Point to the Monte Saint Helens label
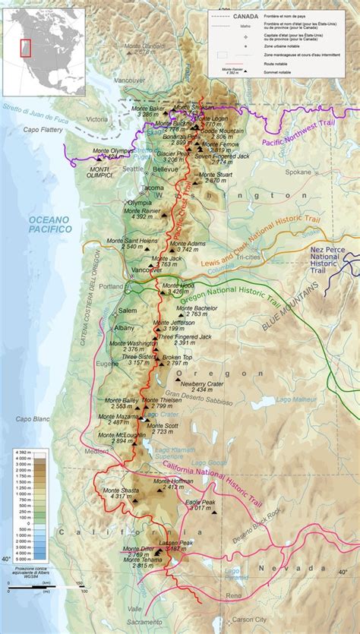[132, 241]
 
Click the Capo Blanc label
[33, 418]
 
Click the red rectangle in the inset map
[25, 49]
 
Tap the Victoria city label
[97, 119]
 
